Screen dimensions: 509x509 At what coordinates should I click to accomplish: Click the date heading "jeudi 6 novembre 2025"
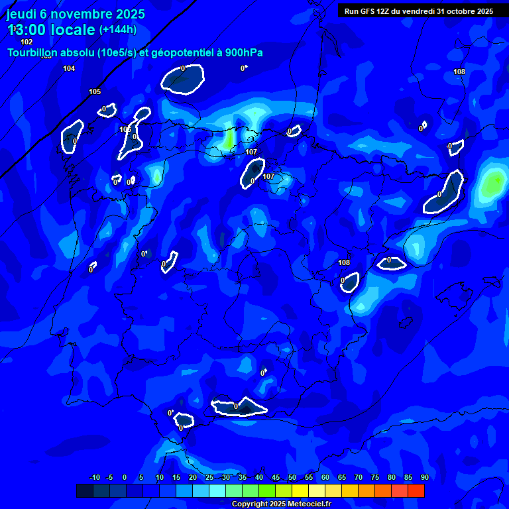76,14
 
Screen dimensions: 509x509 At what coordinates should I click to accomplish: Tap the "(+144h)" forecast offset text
118,30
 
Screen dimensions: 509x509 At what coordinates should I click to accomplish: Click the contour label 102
27,42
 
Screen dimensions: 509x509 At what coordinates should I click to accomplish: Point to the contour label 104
69,68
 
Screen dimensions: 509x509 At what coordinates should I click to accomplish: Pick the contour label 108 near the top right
459,72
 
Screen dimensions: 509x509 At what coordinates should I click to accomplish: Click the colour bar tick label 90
424,478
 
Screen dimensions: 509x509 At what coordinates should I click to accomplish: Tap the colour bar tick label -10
94,478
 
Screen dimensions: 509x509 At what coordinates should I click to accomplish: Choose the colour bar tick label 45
275,478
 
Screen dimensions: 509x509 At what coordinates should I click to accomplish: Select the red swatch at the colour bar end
416,490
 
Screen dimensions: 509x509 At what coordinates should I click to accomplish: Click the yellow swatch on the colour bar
300,490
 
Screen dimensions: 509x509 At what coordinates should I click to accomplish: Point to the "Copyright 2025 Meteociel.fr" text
281,504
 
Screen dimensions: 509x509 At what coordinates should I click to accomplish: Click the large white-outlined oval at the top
183,80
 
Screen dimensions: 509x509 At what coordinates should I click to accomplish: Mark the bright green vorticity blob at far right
493,182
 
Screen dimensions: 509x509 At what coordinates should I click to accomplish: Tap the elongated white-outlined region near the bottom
239,407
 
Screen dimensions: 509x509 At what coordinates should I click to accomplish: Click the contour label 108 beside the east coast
344,262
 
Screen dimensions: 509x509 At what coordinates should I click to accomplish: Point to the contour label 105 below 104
95,91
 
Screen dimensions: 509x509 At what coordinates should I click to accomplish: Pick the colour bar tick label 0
125,478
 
